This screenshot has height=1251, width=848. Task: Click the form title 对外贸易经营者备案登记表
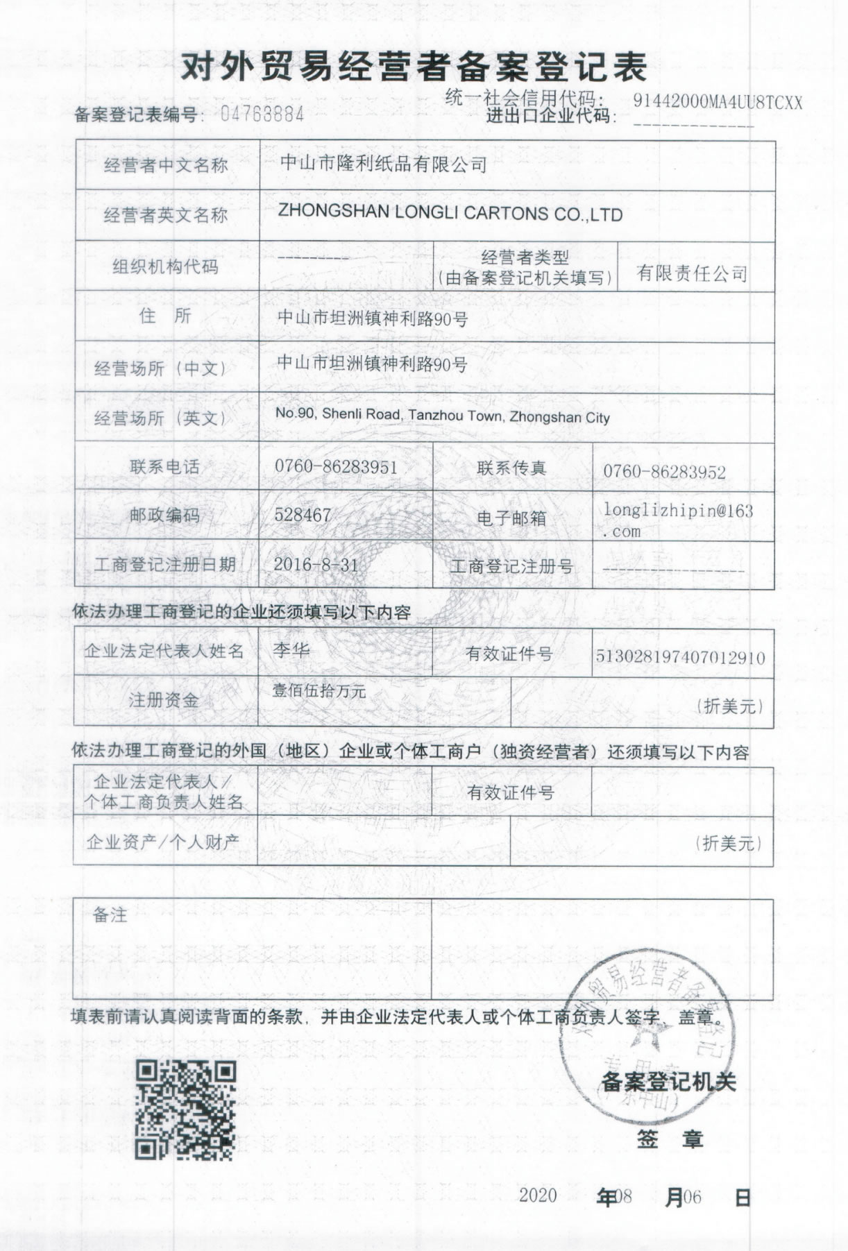414,67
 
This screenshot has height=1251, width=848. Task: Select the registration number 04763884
262,114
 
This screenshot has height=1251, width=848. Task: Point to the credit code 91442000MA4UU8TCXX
718,102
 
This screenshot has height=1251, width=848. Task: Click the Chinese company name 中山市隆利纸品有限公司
383,164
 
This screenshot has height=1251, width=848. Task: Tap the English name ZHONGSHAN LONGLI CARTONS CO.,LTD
450,214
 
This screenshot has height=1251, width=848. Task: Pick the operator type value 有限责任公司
692,273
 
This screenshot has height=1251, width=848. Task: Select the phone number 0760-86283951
336,466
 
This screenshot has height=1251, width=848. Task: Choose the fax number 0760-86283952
664,473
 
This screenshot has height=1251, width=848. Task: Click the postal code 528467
303,516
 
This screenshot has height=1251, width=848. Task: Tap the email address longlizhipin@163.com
677,520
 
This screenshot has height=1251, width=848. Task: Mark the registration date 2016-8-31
316,564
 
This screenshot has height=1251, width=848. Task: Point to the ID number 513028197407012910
680,656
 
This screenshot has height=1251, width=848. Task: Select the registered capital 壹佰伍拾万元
319,690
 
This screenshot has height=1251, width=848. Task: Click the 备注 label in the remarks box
110,915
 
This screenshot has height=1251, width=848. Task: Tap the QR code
185,1110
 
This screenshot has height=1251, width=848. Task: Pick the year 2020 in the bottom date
538,1195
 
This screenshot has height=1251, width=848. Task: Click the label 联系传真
511,468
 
